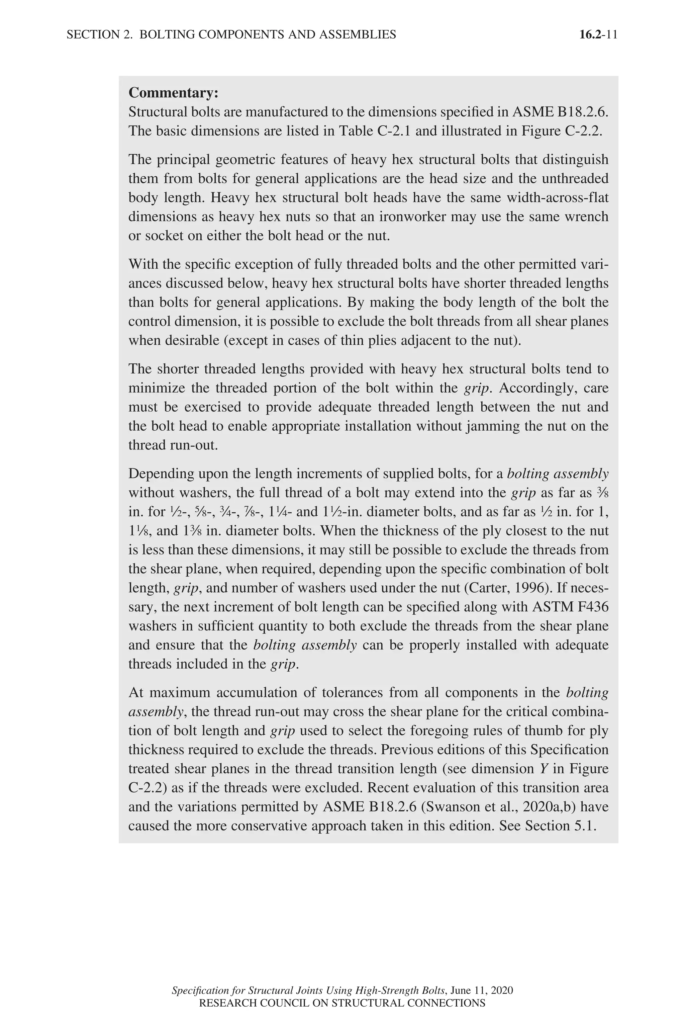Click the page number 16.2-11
point(598,34)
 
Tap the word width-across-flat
point(557,197)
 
